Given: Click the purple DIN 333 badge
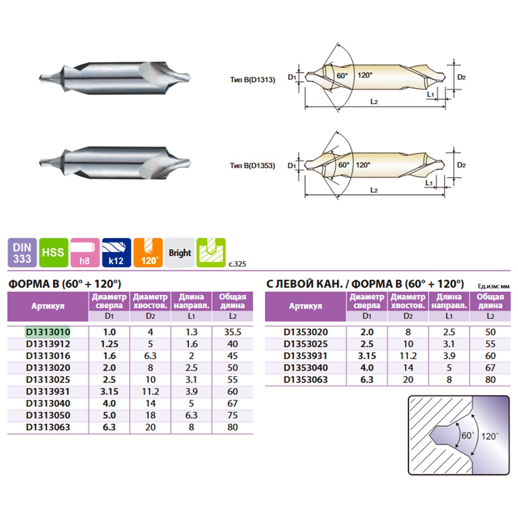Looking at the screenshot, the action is pos(22,252).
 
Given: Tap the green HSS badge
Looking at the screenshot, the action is pos(53,252).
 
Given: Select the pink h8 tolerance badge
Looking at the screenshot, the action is pos(85,252).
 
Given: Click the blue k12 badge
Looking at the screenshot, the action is pos(116,252).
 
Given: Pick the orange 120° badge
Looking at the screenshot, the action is pos(148,252).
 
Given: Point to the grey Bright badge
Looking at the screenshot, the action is pos(180,252).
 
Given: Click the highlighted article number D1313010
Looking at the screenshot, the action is pos(48,332).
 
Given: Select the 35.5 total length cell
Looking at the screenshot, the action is pos(233,332).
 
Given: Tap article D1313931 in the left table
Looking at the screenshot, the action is pos(48,392).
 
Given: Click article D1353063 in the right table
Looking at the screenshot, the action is pos(306,380).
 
